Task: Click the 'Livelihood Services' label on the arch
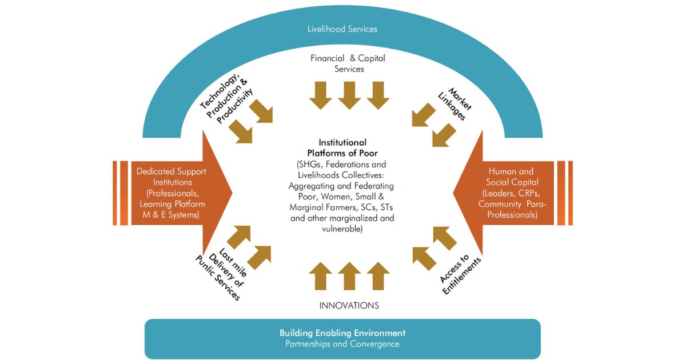342,29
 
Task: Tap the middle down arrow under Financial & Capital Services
349,95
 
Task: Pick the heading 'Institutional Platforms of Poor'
342,147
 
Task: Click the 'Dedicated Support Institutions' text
171,177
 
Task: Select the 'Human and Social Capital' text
511,177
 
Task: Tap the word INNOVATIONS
349,306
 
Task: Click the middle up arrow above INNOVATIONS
349,276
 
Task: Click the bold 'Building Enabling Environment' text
342,333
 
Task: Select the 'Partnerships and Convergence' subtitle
342,344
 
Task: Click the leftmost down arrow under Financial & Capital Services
321,95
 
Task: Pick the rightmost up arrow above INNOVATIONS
378,276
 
